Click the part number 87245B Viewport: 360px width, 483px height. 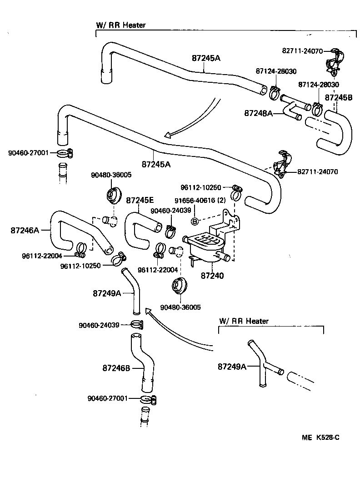(x=339, y=97)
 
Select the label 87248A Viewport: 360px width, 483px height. (x=258, y=113)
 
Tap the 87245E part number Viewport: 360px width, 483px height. (x=140, y=200)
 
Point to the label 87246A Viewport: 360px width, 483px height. (x=25, y=230)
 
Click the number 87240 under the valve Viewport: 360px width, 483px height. (x=212, y=275)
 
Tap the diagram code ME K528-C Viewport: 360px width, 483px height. (x=321, y=438)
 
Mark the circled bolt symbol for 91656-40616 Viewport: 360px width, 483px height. (x=194, y=221)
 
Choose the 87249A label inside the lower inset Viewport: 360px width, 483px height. (x=232, y=366)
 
